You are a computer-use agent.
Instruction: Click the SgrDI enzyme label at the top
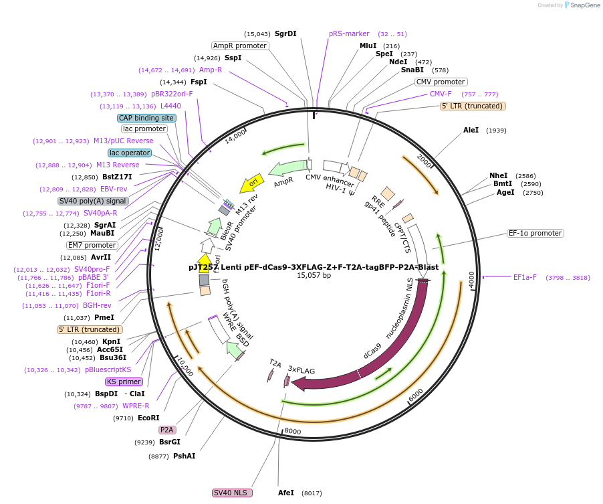point(286,33)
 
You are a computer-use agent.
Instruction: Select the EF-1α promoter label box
point(535,234)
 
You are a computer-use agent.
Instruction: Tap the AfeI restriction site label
point(285,493)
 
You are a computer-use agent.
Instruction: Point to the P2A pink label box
point(166,430)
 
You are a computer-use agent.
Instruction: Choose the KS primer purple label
point(124,382)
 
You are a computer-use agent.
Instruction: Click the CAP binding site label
point(146,118)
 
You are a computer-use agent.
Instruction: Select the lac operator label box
point(130,153)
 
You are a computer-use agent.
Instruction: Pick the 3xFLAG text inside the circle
point(301,369)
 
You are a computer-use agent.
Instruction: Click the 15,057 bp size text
point(314,275)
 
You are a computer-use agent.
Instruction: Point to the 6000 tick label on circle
point(415,396)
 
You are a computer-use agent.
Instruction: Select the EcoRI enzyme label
point(148,418)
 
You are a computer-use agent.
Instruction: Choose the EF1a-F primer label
point(525,277)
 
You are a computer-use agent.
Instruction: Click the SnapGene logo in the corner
point(580,5)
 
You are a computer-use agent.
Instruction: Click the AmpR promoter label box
point(239,46)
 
